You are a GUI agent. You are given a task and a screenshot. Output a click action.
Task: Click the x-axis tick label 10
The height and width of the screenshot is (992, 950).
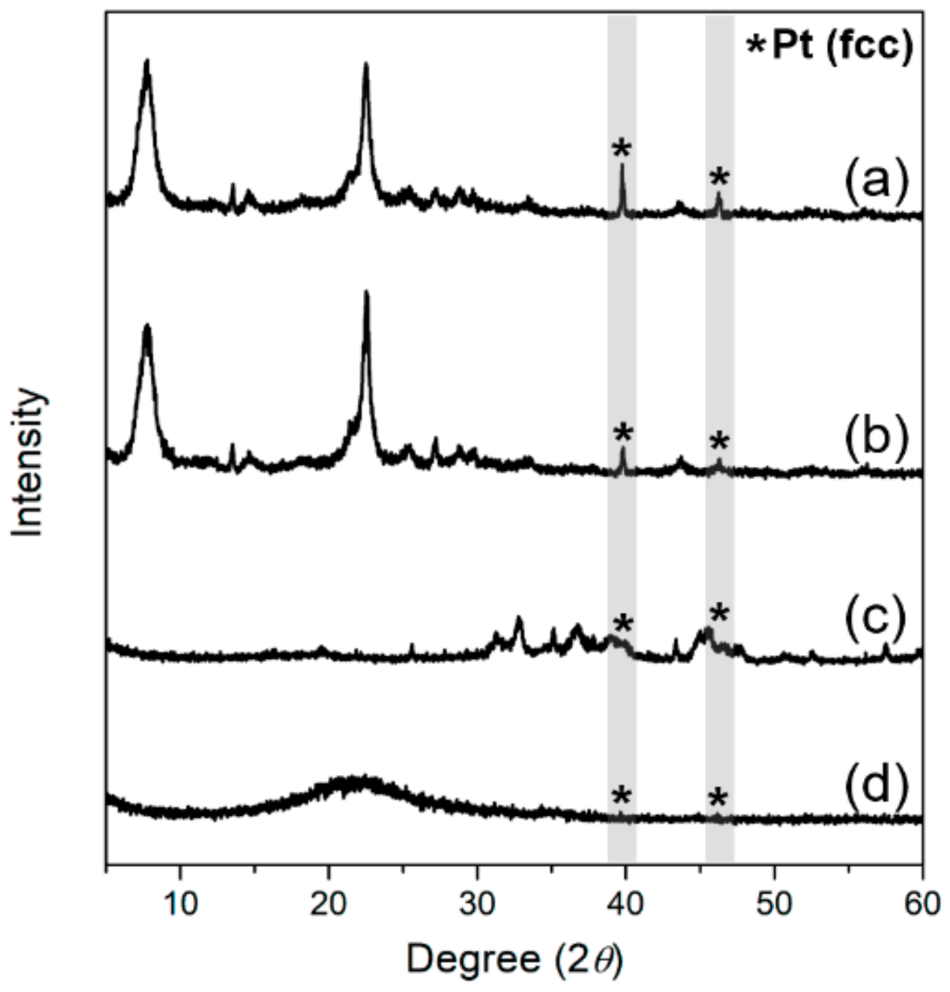click(x=180, y=905)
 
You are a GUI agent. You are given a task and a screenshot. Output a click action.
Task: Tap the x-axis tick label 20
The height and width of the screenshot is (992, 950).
click(x=329, y=905)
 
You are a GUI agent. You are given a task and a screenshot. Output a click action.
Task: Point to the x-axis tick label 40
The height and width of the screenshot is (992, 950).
click(x=625, y=905)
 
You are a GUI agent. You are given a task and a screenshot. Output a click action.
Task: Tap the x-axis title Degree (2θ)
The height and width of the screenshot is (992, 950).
click(x=514, y=959)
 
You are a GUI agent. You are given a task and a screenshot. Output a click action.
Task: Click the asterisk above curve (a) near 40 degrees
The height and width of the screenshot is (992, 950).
click(x=621, y=150)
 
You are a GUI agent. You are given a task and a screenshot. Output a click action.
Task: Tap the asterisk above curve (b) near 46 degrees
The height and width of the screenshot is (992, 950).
click(x=719, y=443)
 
